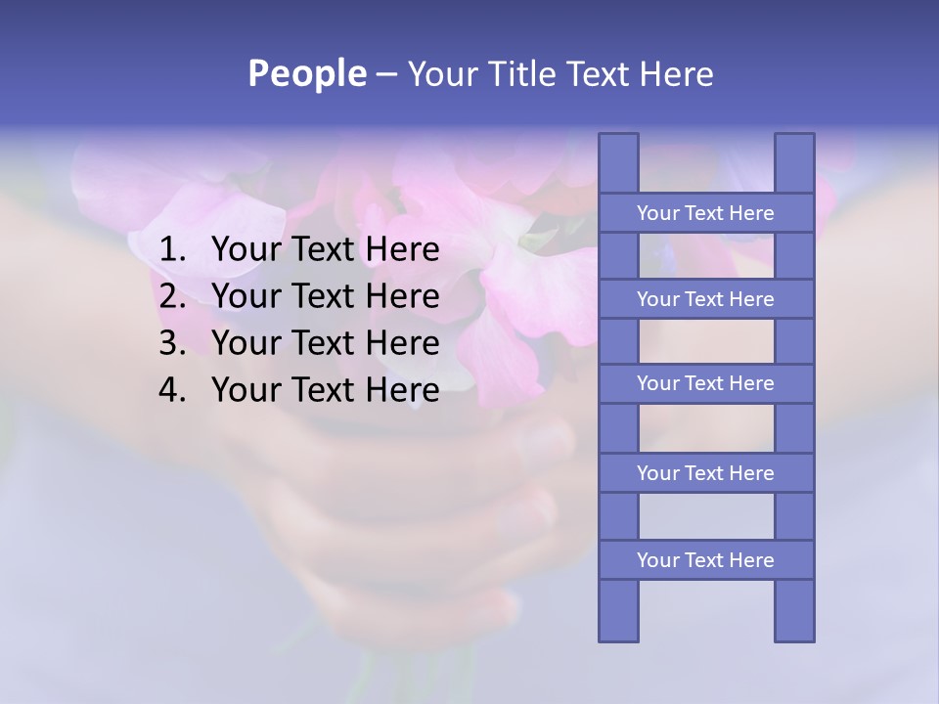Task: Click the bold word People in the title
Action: (306, 74)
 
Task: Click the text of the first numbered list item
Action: (325, 250)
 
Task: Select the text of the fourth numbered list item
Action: (325, 390)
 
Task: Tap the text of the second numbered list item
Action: (325, 296)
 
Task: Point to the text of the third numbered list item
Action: (325, 343)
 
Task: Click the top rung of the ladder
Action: (705, 213)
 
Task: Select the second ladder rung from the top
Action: (705, 299)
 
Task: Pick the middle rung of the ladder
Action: (705, 384)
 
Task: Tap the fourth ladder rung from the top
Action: (705, 473)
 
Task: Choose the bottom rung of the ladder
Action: (705, 560)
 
